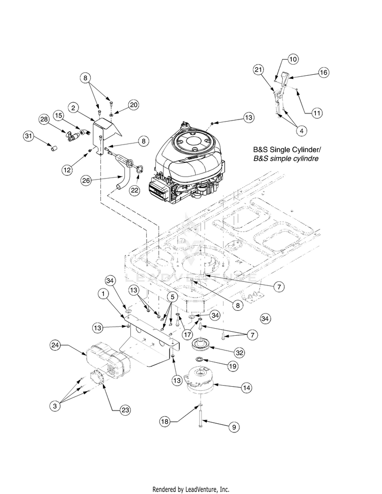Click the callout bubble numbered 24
(x=55, y=345)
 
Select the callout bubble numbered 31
(x=29, y=136)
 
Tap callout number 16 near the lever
(x=323, y=72)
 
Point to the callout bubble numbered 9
(x=234, y=427)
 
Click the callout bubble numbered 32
(x=239, y=353)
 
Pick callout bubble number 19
(x=232, y=366)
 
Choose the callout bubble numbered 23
(x=125, y=410)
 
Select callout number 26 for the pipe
(x=86, y=181)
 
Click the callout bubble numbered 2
(x=73, y=108)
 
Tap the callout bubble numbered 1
(x=103, y=294)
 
